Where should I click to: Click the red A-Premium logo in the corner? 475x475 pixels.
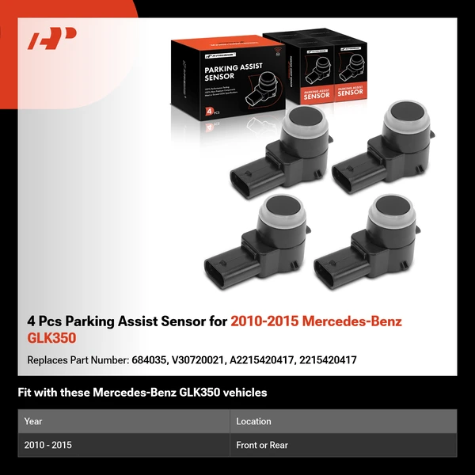(x=51, y=39)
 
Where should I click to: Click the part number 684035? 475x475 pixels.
(x=148, y=359)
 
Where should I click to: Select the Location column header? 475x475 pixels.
(x=253, y=421)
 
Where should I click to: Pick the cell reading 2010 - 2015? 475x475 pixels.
(x=48, y=445)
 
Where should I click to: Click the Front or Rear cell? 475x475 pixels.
(x=262, y=445)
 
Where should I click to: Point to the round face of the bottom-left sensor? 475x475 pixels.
(x=283, y=212)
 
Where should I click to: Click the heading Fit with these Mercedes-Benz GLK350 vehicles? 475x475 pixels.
(x=142, y=392)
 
